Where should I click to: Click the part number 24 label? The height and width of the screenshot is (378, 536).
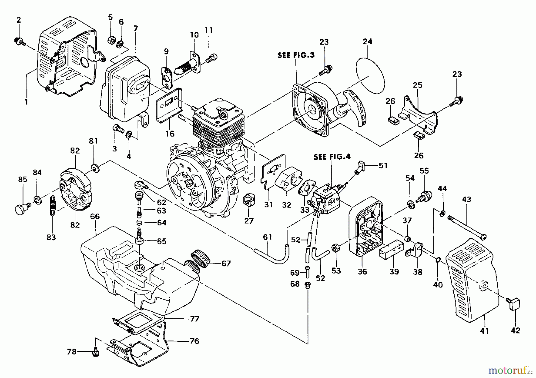click(x=367, y=41)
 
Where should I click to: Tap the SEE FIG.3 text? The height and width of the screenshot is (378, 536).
click(x=296, y=55)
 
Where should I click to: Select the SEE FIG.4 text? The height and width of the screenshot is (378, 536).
click(x=332, y=157)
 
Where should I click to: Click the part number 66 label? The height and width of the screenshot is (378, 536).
click(x=95, y=216)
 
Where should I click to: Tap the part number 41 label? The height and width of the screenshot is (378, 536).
click(x=484, y=330)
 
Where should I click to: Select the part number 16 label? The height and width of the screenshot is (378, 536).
click(x=170, y=134)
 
